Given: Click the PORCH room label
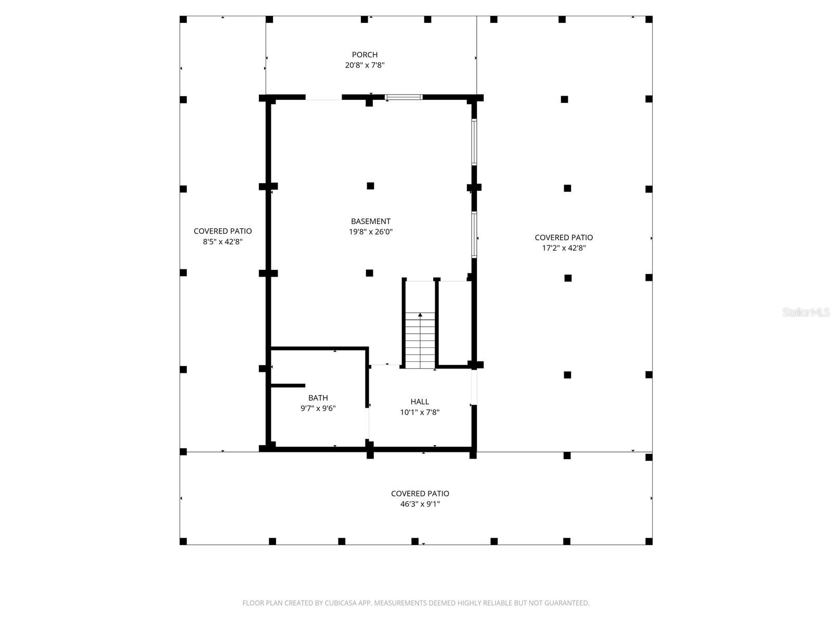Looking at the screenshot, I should (x=365, y=55).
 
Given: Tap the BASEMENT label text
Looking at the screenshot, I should (x=370, y=221).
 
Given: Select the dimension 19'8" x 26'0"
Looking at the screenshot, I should (x=370, y=232).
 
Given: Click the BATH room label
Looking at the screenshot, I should (x=318, y=398).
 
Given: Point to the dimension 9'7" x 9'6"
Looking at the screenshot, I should (x=318, y=409).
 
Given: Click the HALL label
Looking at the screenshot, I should (x=420, y=401).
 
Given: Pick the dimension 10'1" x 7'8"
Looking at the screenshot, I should (x=420, y=412).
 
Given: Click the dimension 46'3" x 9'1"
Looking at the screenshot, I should (x=420, y=504).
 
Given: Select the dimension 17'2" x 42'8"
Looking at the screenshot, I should (x=564, y=248).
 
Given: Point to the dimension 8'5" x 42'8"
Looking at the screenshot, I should (x=223, y=242).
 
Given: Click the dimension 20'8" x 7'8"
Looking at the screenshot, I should (x=365, y=66).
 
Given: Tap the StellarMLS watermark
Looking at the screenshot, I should (x=806, y=313).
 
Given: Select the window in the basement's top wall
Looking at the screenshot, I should (x=404, y=97).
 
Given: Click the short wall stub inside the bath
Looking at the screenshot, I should (x=288, y=385).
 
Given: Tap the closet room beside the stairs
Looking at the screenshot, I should (x=454, y=322).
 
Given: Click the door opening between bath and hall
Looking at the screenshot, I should (x=369, y=424).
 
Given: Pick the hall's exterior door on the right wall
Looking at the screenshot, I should (x=474, y=387).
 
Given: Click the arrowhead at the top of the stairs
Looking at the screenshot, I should (x=420, y=315).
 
